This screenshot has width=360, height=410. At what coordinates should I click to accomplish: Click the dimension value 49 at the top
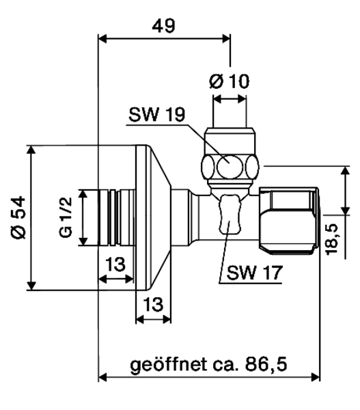point(164,26)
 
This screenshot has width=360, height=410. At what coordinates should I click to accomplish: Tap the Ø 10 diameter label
point(230,81)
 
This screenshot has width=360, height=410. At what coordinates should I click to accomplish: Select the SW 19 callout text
point(157,114)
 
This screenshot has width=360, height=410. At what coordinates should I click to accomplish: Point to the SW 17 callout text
point(255,273)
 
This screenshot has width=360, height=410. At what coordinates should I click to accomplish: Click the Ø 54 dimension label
point(18,217)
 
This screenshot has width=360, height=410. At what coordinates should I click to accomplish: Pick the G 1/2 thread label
point(66,217)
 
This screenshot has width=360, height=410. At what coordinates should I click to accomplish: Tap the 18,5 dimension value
point(331,239)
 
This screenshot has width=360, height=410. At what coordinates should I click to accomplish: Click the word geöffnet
point(168,364)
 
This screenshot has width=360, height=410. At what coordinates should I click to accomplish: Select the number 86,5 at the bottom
point(266,364)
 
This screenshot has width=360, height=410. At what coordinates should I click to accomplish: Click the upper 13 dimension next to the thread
point(115,264)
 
